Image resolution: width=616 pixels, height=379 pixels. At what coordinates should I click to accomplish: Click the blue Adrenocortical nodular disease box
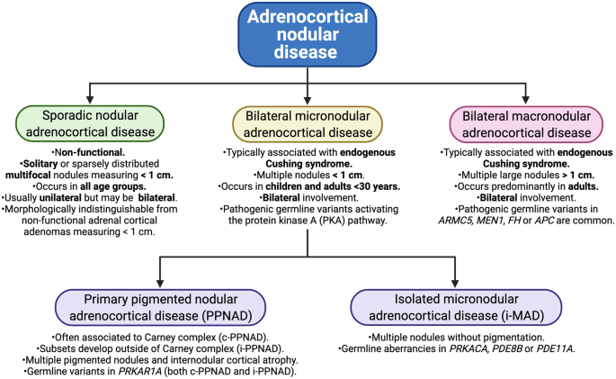click(x=308, y=34)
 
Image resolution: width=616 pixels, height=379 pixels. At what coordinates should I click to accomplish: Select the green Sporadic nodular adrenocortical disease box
click(x=90, y=123)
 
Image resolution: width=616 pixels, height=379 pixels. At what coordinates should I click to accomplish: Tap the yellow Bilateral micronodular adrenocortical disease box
click(x=308, y=124)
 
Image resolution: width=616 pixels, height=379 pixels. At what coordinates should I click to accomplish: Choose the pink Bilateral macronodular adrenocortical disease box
click(x=526, y=124)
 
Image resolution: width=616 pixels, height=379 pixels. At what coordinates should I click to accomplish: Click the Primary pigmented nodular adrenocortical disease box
click(x=160, y=308)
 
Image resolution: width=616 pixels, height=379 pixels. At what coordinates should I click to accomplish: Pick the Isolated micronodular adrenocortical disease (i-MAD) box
click(x=456, y=308)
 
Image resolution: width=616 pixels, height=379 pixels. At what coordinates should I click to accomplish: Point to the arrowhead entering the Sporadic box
click(x=90, y=99)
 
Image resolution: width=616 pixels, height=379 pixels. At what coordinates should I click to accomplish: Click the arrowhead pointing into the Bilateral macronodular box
click(x=526, y=99)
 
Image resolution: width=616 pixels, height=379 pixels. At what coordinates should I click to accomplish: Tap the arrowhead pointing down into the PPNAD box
click(x=160, y=283)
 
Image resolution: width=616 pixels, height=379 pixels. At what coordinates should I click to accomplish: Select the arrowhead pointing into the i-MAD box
click(x=455, y=283)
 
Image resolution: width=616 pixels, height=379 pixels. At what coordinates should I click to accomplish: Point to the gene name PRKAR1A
click(x=140, y=372)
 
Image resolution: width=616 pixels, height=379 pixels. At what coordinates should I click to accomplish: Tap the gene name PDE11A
click(x=556, y=348)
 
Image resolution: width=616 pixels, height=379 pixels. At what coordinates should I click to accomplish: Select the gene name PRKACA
click(x=469, y=348)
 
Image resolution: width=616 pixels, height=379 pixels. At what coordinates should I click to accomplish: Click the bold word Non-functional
click(x=90, y=152)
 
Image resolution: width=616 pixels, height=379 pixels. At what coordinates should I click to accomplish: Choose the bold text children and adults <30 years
click(x=333, y=186)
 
